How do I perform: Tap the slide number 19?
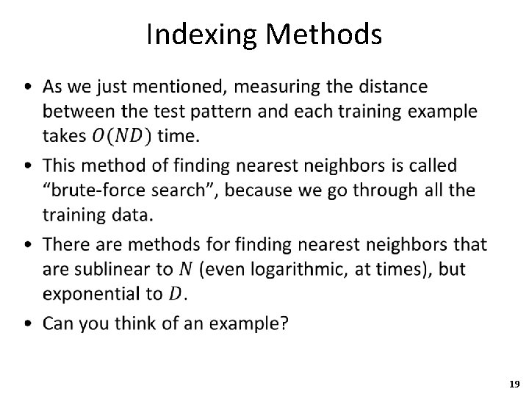[514, 384]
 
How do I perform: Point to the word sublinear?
[109, 269]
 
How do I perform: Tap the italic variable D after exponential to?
[176, 295]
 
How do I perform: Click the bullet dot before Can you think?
[27, 323]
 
